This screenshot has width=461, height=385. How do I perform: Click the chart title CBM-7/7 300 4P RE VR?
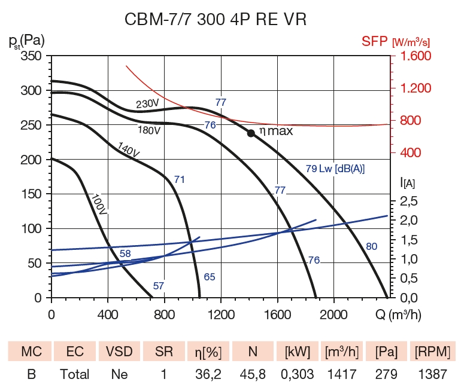point(216,20)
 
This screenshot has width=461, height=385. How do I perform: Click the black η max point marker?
point(251,133)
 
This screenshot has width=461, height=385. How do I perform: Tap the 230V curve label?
point(147,103)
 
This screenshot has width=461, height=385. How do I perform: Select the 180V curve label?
point(149,130)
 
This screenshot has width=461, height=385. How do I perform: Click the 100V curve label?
point(99,204)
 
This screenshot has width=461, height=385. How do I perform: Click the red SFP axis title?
point(395,42)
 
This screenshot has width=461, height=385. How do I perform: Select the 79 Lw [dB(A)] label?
point(335,169)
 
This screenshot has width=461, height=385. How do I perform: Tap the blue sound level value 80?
point(371,246)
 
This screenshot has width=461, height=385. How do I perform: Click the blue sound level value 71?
point(180,179)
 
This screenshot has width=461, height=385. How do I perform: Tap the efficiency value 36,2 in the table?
point(207,375)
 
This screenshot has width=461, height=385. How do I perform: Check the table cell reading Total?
point(74,375)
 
